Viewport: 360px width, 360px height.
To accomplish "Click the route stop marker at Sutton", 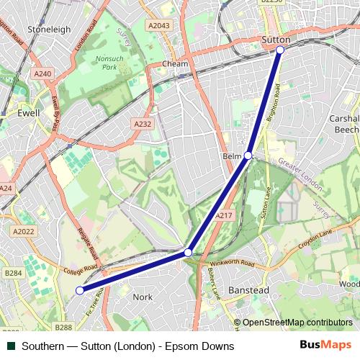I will (x=280, y=50).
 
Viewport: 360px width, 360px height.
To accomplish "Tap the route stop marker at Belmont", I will (x=248, y=156).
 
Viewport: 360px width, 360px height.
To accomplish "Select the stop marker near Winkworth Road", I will (x=188, y=253).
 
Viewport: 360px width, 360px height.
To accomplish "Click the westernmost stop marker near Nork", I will (x=80, y=290).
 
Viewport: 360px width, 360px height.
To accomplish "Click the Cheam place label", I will (x=174, y=63).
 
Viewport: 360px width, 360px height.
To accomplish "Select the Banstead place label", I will (x=248, y=289).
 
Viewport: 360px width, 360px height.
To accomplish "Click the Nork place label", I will (x=143, y=296).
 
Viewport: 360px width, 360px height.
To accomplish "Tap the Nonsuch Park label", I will (x=109, y=63).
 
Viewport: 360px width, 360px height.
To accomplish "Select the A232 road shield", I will (x=142, y=125).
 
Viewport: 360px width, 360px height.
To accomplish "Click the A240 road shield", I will (x=42, y=73).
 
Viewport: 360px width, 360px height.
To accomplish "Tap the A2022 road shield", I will (x=24, y=231).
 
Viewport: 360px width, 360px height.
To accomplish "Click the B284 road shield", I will (x=13, y=273).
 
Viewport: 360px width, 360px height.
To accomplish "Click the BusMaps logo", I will (x=325, y=346).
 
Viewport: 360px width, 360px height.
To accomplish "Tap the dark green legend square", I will (x=11, y=346).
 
